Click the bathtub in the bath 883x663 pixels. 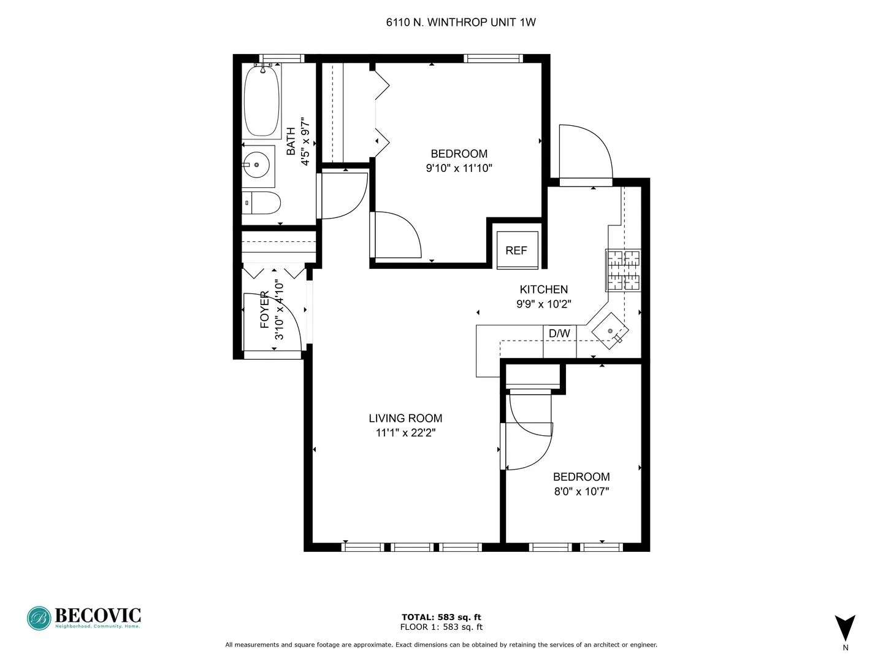[x=262, y=101]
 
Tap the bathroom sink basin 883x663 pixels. [x=257, y=165]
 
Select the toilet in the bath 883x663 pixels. [x=262, y=203]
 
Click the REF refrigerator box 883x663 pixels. [x=516, y=250]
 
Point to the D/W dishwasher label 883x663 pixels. [x=559, y=333]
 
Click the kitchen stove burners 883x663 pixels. [x=623, y=270]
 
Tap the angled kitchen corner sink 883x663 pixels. [x=610, y=331]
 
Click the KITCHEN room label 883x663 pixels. [x=543, y=289]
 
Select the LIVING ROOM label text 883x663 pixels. [x=405, y=418]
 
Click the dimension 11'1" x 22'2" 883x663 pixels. [x=405, y=433]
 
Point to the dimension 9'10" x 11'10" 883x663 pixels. [x=459, y=168]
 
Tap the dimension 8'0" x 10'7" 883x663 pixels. [x=581, y=491]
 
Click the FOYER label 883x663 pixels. [x=265, y=309]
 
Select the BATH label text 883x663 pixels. [x=291, y=141]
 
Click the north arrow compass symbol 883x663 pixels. [x=845, y=628]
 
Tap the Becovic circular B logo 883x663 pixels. [x=39, y=618]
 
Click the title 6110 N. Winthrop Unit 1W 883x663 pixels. [x=461, y=23]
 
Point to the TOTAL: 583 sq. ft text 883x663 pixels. [x=441, y=617]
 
